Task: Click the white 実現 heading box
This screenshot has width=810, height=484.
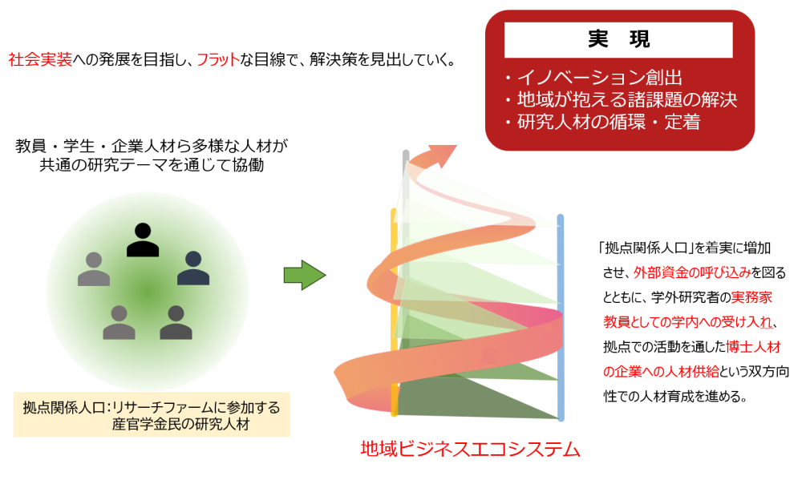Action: pos(618,38)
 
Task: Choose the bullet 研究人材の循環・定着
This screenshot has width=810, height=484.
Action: pos(602,123)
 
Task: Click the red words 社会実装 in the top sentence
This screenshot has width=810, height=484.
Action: pos(39,59)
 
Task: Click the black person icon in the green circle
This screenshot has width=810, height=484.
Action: pos(143,239)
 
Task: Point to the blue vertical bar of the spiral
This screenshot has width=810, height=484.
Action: pos(561,321)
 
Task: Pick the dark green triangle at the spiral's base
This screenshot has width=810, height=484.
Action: pos(473,401)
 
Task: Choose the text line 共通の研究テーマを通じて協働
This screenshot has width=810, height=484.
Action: pos(152,166)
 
